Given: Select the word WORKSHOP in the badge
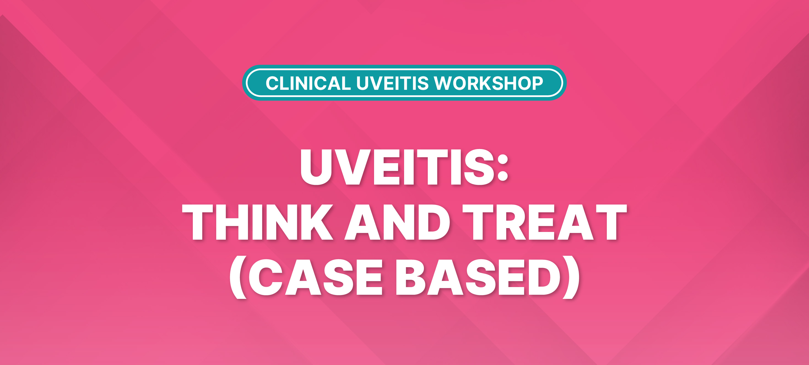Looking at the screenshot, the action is pos(489,83).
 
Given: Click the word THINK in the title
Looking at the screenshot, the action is pos(258,222).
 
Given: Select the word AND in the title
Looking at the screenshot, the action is pos(397,222).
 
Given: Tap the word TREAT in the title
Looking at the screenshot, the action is pos(544,222).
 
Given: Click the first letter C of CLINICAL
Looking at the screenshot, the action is pos(272,83).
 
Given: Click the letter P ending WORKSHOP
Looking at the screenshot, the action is pos(538,83).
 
